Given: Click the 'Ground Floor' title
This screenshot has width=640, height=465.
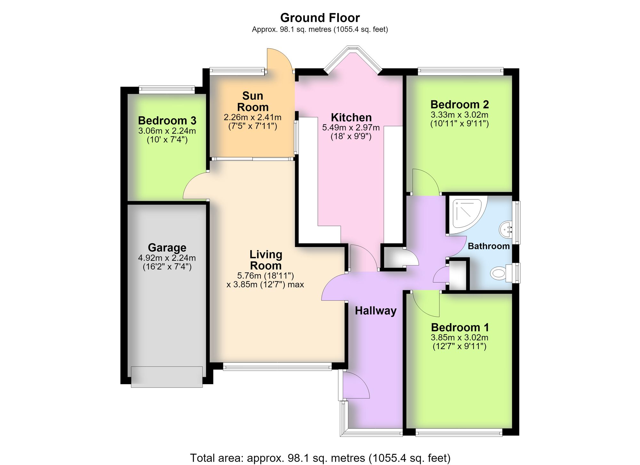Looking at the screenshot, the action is click(320, 18).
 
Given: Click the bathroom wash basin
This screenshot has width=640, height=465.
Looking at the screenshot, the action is click(506, 229).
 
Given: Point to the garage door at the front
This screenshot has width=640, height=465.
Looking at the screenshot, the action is click(167, 377).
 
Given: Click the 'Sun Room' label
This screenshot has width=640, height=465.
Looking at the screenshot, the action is click(253, 101).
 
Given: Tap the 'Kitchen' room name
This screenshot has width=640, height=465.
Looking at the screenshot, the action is click(351, 117).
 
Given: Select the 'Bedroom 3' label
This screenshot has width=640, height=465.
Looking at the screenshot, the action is click(167, 120).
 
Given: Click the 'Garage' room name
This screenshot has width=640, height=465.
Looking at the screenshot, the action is click(167, 248).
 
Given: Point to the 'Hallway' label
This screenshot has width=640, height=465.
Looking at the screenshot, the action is click(376, 311).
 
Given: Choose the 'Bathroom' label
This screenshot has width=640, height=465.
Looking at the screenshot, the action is click(489, 246).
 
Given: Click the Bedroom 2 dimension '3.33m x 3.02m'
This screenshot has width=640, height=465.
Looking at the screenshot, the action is click(460, 115).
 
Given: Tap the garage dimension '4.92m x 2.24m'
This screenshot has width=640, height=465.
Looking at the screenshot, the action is click(167, 258).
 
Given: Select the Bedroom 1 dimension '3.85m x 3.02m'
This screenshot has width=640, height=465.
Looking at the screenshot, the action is click(460, 337).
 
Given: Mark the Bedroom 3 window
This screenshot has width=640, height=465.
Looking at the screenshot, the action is click(167, 89).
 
